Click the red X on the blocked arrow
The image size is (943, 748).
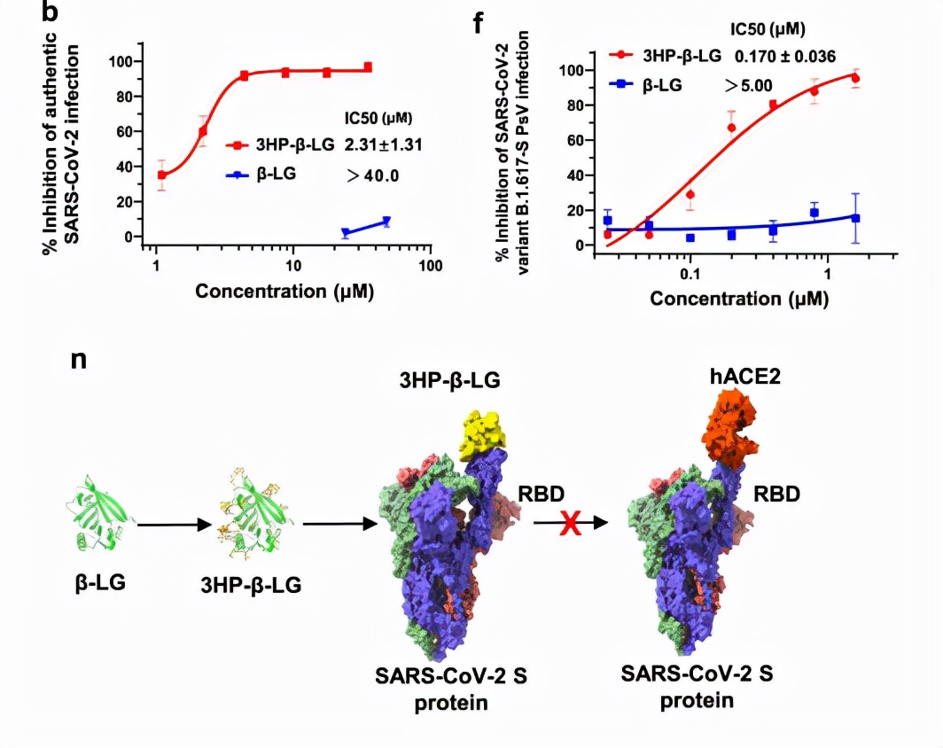tap(569, 524)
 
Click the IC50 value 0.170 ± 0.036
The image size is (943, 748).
tap(782, 56)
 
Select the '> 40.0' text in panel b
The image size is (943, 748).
tap(373, 175)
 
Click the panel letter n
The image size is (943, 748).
tap(78, 361)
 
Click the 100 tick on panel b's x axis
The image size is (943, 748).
tap(430, 264)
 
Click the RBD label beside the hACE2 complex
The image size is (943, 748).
tap(777, 493)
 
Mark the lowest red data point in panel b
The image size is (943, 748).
tap(161, 175)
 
